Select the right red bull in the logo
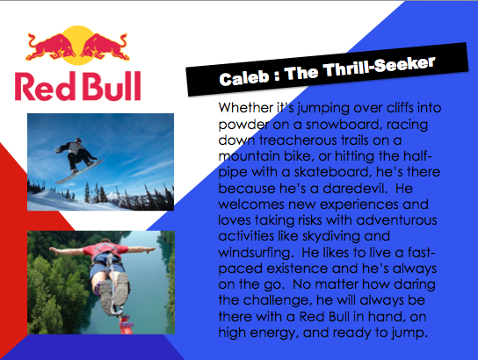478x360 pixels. click(x=105, y=47)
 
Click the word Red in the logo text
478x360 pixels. click(x=45, y=87)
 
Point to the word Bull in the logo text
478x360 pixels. click(x=112, y=86)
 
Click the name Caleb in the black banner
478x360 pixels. click(x=244, y=78)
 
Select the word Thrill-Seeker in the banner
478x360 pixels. click(x=379, y=67)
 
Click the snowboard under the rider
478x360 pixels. click(x=80, y=171)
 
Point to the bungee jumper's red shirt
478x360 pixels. click(x=105, y=249)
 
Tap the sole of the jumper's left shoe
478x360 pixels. click(x=106, y=297)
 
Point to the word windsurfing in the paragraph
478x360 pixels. click(x=254, y=253)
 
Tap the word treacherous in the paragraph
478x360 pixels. click(x=298, y=140)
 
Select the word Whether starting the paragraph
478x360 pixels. click(x=246, y=108)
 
